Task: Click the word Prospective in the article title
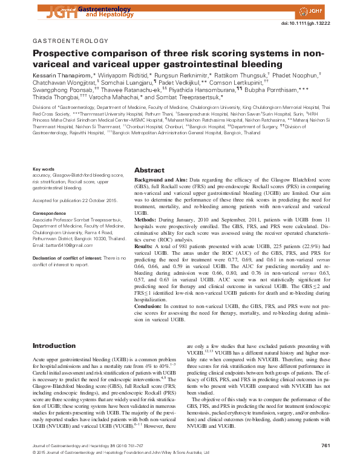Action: [64, 54]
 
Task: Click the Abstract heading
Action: [149, 170]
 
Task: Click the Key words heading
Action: [44, 169]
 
